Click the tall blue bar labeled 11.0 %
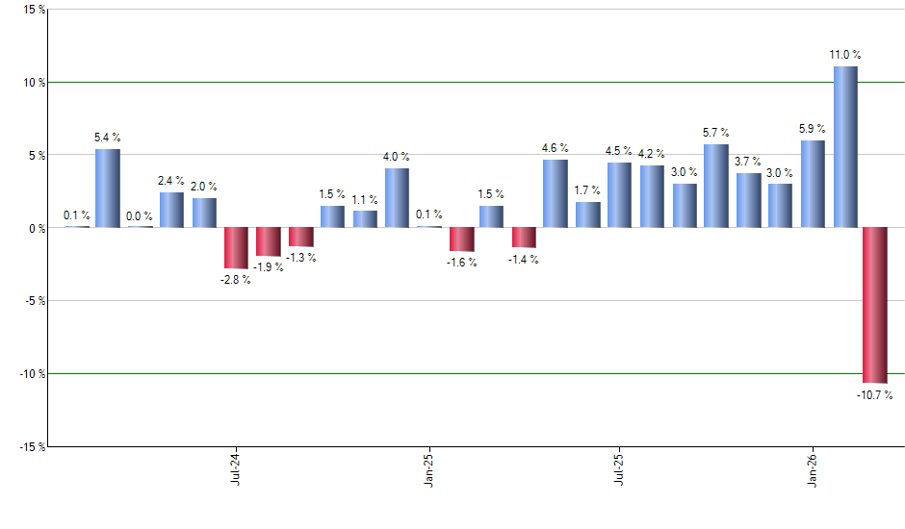845,147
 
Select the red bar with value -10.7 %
875,305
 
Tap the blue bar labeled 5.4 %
108,189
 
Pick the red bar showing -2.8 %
237,248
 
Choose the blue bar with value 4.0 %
397,198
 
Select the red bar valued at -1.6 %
462,239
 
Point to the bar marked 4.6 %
556,193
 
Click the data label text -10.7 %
874,395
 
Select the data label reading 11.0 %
845,55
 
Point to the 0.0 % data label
141,216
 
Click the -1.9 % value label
270,267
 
